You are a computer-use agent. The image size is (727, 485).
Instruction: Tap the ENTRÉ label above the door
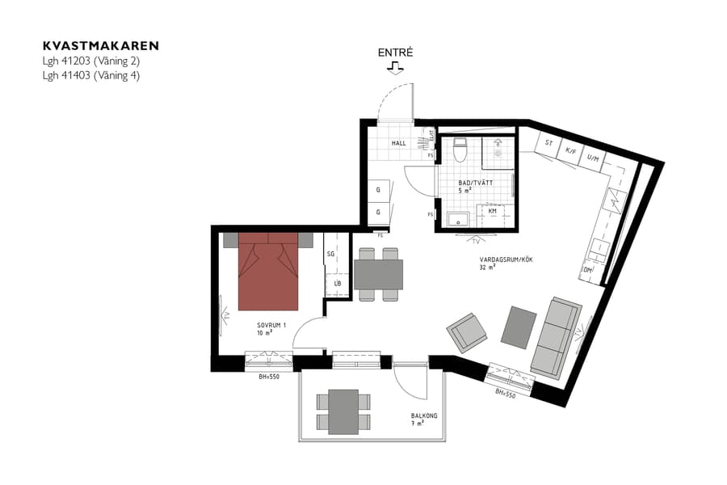click(396, 53)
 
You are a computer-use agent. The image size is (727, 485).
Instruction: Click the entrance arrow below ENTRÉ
click(396, 69)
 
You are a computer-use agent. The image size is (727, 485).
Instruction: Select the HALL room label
click(399, 143)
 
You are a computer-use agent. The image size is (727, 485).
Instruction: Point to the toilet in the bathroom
click(460, 151)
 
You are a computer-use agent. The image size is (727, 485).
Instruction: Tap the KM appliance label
click(493, 211)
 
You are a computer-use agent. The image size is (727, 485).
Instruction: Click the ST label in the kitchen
click(549, 143)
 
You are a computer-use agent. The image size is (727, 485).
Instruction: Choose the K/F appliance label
click(571, 150)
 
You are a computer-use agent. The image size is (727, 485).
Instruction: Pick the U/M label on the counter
click(592, 158)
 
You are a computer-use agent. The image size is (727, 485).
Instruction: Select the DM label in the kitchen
click(587, 269)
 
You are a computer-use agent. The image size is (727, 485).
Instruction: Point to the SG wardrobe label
click(330, 254)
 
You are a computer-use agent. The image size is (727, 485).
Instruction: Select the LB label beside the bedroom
click(337, 284)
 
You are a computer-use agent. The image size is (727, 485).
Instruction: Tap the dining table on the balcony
click(343, 411)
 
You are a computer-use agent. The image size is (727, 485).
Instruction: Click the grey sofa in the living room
click(555, 337)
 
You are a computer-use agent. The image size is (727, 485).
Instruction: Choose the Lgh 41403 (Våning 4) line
click(92, 75)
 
